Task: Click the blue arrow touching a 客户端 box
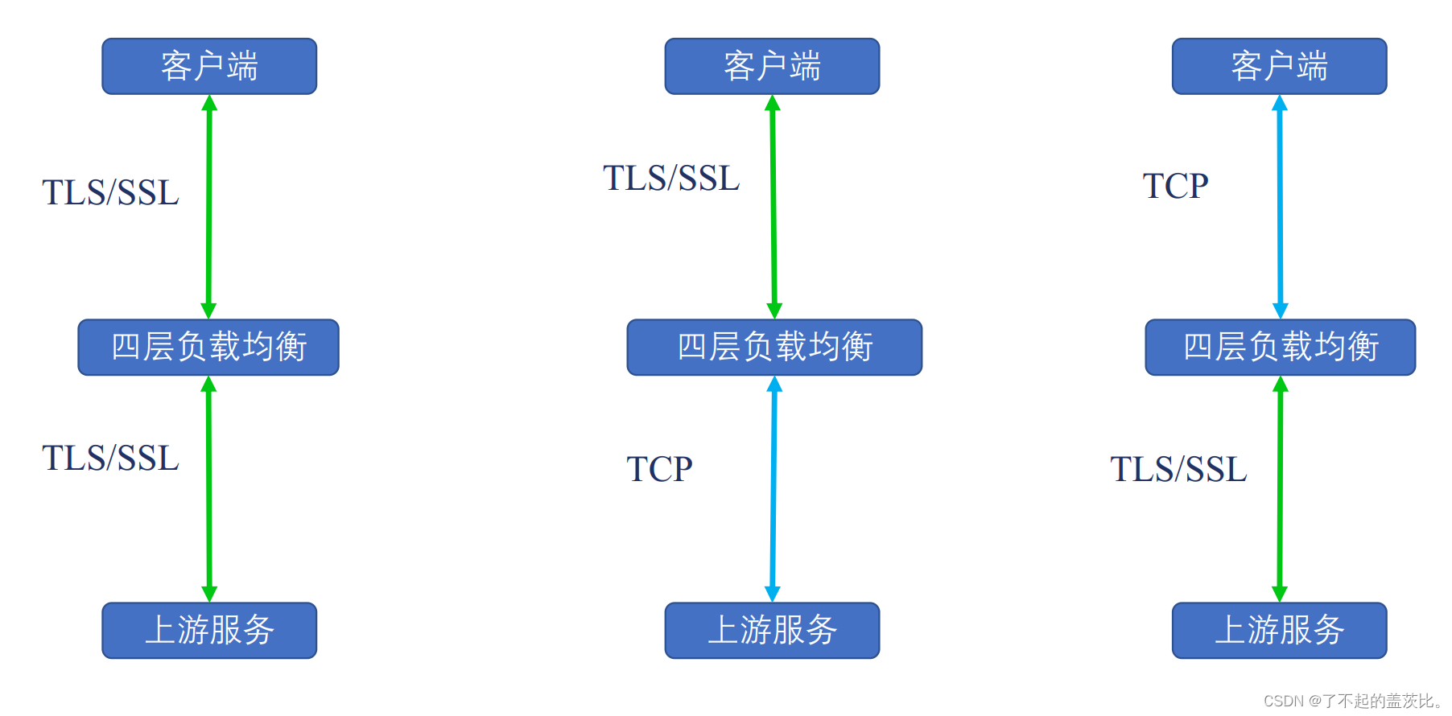click(x=1280, y=207)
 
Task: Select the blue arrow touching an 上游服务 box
click(x=773, y=489)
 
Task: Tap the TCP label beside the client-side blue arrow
click(x=1175, y=186)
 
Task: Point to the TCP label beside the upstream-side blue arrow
click(x=659, y=469)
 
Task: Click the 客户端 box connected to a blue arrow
click(x=1279, y=66)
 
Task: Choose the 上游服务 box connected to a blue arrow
click(x=772, y=630)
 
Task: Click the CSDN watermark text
click(x=1352, y=701)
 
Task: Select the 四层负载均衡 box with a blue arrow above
click(x=1280, y=347)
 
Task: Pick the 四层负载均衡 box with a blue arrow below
click(x=774, y=347)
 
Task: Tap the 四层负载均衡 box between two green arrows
click(x=208, y=347)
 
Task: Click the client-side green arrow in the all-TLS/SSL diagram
click(x=209, y=207)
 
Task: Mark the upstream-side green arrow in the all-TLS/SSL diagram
click(x=209, y=489)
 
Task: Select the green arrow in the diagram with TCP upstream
click(x=773, y=207)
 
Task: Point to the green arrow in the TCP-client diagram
click(x=1280, y=489)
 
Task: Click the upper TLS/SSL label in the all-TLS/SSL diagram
click(x=110, y=193)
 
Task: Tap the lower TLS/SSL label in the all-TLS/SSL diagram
click(x=110, y=459)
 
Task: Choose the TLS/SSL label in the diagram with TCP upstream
click(x=671, y=179)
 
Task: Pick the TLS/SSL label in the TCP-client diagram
click(x=1178, y=470)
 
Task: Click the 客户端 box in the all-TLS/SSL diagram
click(x=209, y=66)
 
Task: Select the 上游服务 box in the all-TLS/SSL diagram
click(x=209, y=630)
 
